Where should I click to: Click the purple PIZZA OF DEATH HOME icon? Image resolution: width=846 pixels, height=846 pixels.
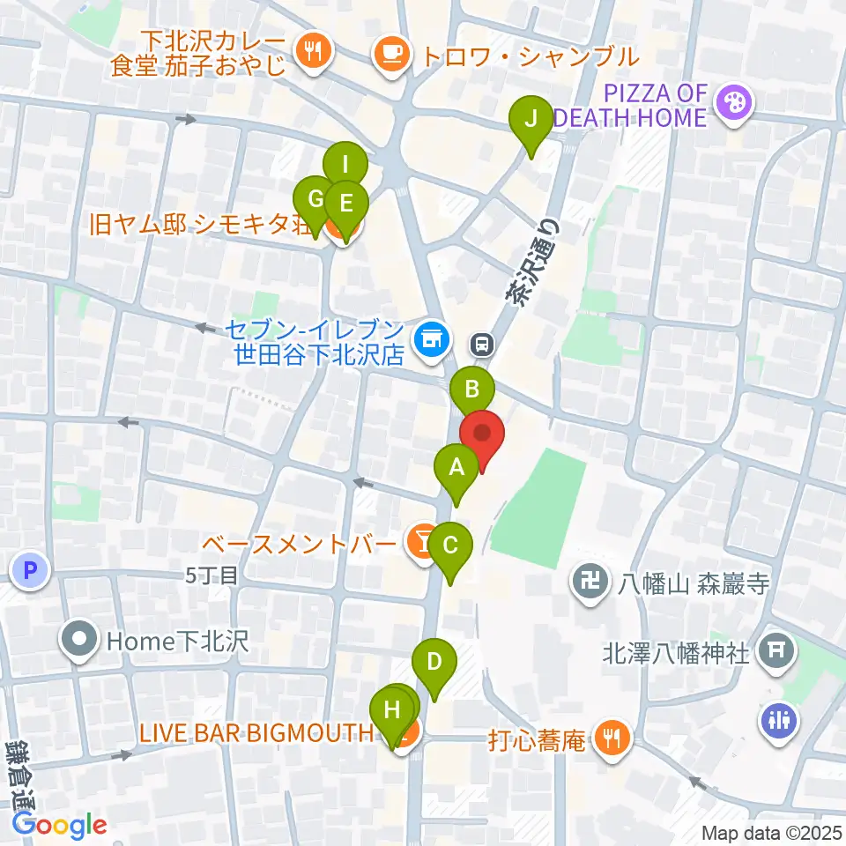(731, 103)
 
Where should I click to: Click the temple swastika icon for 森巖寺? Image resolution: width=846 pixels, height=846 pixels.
(586, 581)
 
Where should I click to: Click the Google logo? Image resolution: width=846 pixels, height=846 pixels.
(59, 825)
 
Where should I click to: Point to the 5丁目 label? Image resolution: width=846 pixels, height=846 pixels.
(212, 575)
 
